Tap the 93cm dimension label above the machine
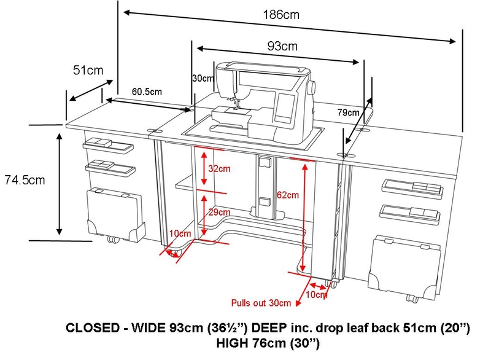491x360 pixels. pos(282,46)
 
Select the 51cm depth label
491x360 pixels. pos(88,71)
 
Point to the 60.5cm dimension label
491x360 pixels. pos(147,92)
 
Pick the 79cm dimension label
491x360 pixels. pos(348,112)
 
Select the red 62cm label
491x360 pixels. pos(287,195)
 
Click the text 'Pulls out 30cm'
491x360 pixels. pos(261,303)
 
